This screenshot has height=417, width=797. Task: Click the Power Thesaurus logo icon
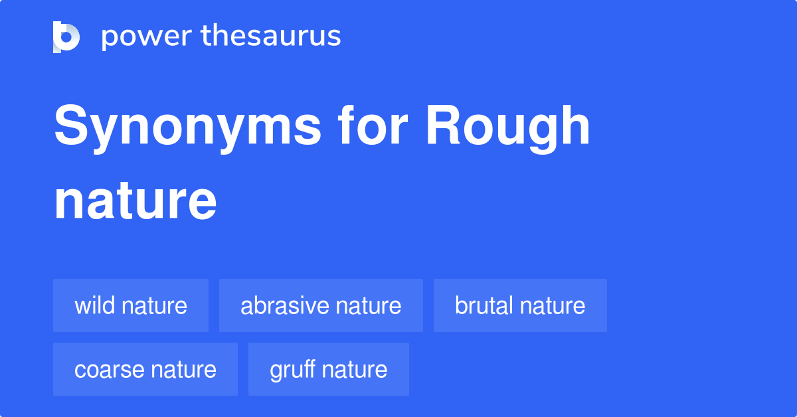(x=66, y=37)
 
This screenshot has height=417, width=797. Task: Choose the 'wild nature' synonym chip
(x=131, y=305)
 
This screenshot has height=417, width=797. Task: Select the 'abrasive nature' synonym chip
(x=321, y=305)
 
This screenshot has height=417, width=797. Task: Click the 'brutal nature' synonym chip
(x=520, y=305)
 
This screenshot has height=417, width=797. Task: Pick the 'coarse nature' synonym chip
(x=145, y=369)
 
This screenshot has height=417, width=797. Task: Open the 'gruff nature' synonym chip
(x=329, y=369)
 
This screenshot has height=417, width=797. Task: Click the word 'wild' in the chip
(x=93, y=305)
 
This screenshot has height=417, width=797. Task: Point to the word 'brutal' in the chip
(x=484, y=305)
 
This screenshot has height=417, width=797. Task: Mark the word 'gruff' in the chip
(x=292, y=369)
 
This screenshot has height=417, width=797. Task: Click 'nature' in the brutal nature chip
(x=553, y=305)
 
